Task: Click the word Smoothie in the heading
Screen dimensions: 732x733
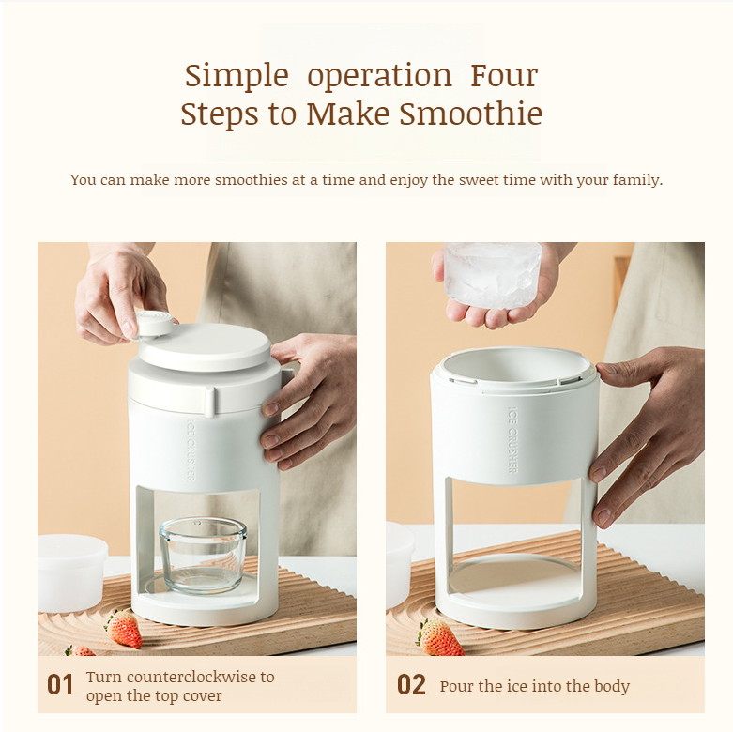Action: coord(470,114)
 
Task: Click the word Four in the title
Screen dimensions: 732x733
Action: coord(504,75)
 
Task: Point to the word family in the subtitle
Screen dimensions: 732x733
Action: coord(633,179)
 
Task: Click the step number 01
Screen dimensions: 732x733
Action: coord(60,685)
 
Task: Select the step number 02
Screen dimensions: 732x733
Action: coord(411,685)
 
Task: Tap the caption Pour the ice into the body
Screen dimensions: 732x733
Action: coord(534,686)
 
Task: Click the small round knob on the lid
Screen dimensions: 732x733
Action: coord(155,323)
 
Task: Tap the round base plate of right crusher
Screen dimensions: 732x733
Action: coord(516,582)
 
